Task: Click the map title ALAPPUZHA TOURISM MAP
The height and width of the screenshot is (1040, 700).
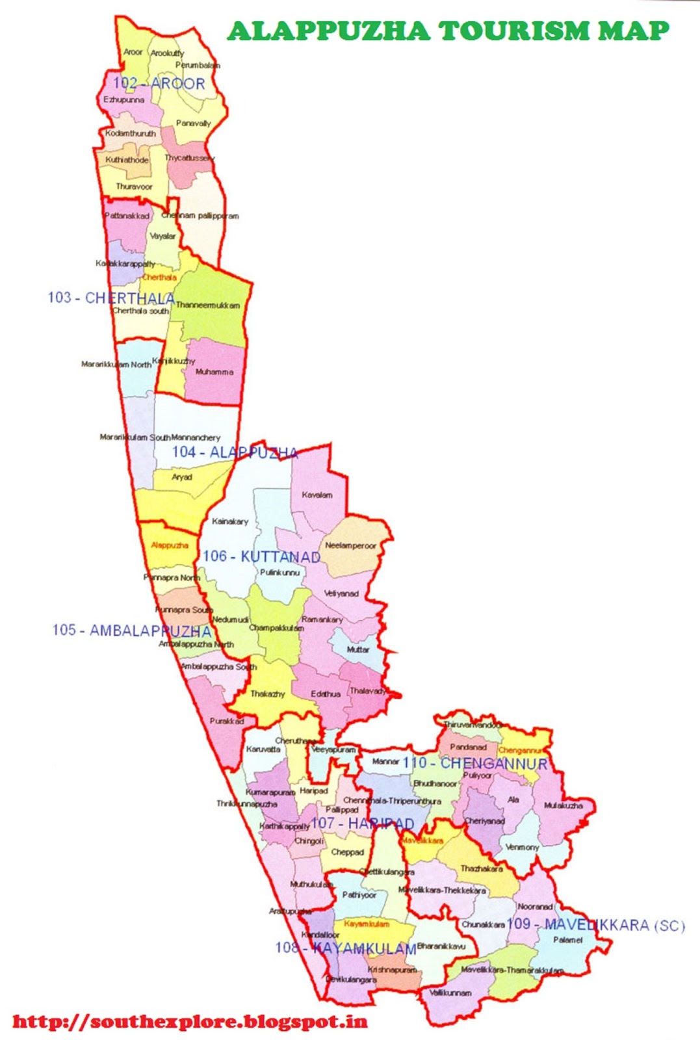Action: pyautogui.click(x=448, y=31)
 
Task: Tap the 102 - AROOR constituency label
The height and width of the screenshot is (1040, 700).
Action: pyautogui.click(x=159, y=83)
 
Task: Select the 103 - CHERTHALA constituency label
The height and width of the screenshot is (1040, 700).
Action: pyautogui.click(x=111, y=298)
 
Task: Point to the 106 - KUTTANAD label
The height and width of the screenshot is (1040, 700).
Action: pyautogui.click(x=261, y=556)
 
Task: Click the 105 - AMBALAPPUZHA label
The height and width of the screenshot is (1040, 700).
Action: pyautogui.click(x=131, y=630)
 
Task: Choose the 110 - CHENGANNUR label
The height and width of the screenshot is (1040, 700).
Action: pyautogui.click(x=475, y=763)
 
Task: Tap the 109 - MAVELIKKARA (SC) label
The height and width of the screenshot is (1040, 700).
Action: pyautogui.click(x=596, y=924)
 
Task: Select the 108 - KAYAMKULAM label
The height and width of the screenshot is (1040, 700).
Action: pyautogui.click(x=345, y=948)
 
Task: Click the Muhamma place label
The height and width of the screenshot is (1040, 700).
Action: pyautogui.click(x=214, y=372)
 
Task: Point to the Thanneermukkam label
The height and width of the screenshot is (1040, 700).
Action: pyautogui.click(x=207, y=305)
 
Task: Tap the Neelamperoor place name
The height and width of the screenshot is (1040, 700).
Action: pyautogui.click(x=350, y=545)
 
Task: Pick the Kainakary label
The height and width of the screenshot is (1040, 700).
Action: pyautogui.click(x=229, y=521)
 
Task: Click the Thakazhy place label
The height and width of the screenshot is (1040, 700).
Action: pyautogui.click(x=267, y=694)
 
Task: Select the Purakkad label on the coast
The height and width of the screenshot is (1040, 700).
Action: pyautogui.click(x=227, y=721)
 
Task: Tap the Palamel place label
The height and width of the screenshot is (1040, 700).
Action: pyautogui.click(x=567, y=940)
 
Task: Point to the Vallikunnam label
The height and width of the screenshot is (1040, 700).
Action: pyautogui.click(x=450, y=993)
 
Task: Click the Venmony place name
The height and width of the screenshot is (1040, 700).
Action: pyautogui.click(x=522, y=847)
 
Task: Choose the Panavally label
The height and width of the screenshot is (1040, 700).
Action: pyautogui.click(x=193, y=123)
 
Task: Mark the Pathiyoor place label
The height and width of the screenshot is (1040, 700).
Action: pyautogui.click(x=359, y=895)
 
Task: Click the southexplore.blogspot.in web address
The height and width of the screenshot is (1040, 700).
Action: pyautogui.click(x=190, y=1022)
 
